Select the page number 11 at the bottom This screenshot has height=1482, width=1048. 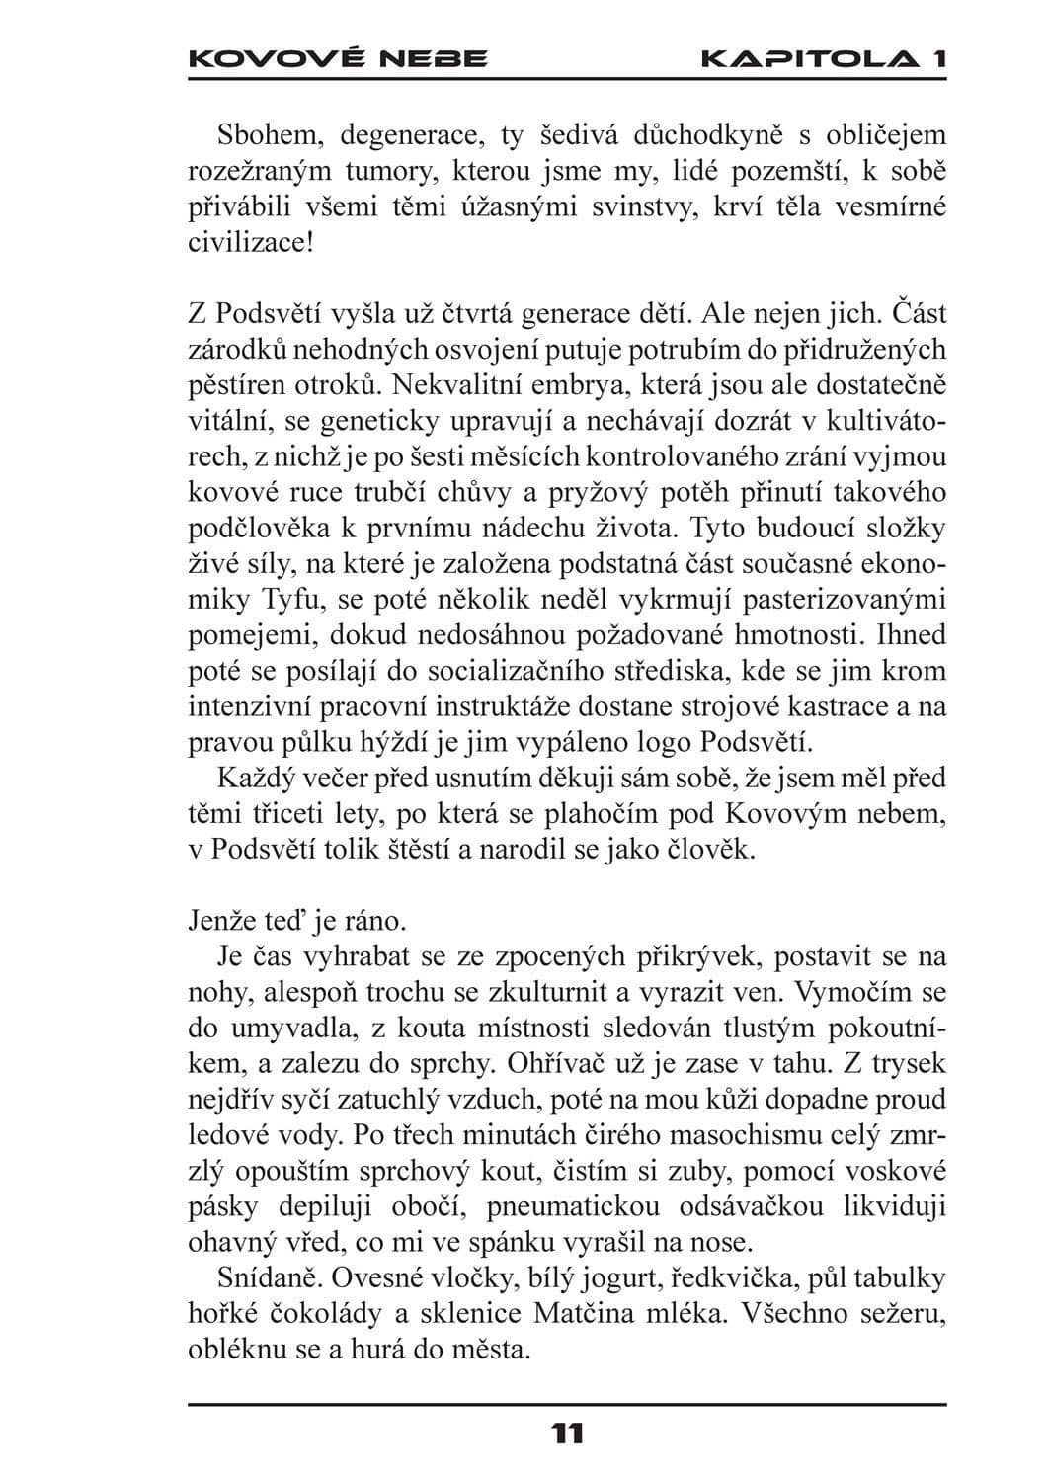click(x=568, y=1434)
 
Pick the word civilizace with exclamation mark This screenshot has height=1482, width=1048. click(x=251, y=242)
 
